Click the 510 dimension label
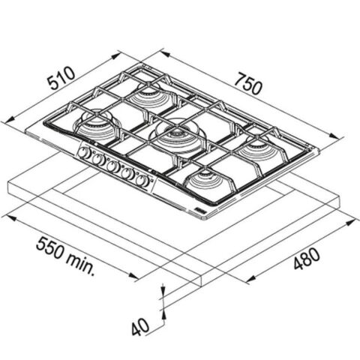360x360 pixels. (61, 78)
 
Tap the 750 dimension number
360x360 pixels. (249, 84)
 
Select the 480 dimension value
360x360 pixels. (307, 259)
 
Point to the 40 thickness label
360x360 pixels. (140, 325)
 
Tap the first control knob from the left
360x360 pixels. (83, 152)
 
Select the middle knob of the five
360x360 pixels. (112, 166)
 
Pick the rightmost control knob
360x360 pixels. (142, 181)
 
